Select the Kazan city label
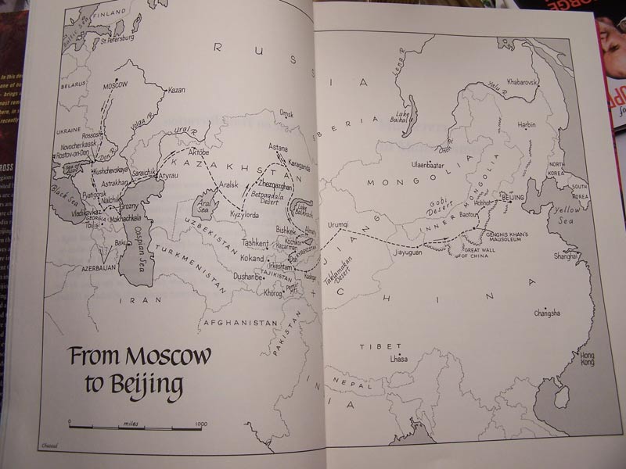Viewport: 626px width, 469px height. [177, 90]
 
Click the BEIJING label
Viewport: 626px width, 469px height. [512, 199]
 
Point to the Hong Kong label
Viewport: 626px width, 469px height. [587, 359]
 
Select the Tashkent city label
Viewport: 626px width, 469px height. [255, 243]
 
